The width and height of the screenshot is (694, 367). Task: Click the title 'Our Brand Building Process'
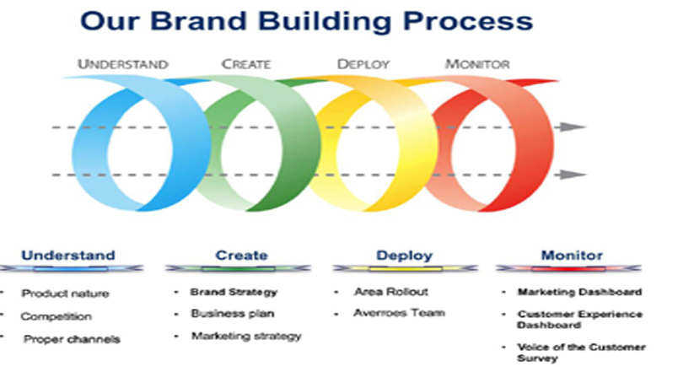click(x=306, y=21)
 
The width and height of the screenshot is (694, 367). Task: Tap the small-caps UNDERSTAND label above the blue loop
click(x=123, y=64)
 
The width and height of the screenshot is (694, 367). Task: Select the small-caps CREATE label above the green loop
click(x=245, y=64)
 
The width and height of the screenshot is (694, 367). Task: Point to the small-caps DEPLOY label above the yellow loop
click(x=363, y=64)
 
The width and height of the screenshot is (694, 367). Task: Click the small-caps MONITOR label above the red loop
click(x=477, y=64)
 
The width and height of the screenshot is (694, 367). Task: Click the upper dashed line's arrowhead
click(x=572, y=127)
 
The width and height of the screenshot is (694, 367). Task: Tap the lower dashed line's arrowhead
click(x=572, y=175)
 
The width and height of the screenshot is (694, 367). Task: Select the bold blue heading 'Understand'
click(x=68, y=256)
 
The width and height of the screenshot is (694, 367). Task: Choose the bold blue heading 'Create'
click(x=241, y=256)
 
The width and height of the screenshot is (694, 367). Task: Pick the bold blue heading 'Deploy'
click(x=404, y=256)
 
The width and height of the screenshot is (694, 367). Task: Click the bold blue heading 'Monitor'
click(x=572, y=256)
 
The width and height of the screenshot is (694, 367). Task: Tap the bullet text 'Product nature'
click(x=65, y=294)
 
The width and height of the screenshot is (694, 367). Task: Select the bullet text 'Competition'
click(x=56, y=316)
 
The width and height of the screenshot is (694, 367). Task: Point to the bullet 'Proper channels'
click(x=72, y=339)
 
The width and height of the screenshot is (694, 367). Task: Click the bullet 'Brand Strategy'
click(x=234, y=292)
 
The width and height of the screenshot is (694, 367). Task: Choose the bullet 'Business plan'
click(x=233, y=314)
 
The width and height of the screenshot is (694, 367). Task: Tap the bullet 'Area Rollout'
click(x=390, y=292)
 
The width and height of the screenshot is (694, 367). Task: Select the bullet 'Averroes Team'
click(x=399, y=313)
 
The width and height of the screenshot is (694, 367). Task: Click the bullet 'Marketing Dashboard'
click(x=579, y=292)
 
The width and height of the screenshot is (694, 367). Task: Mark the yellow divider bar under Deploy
click(x=405, y=268)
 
